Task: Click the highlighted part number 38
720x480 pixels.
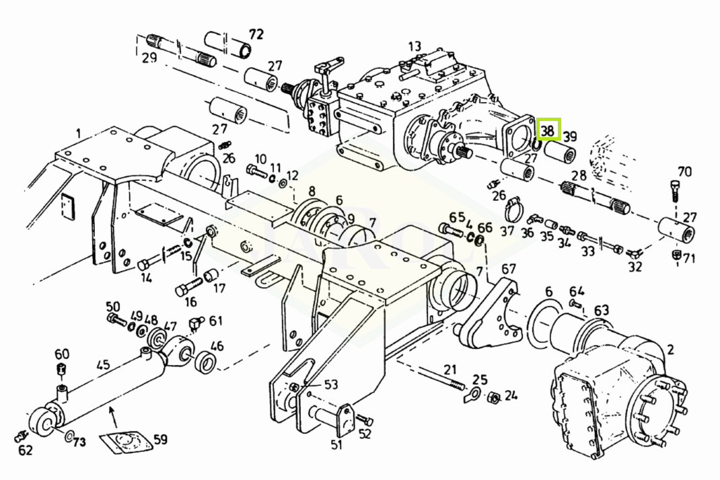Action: (x=547, y=131)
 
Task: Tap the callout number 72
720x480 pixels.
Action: (x=256, y=34)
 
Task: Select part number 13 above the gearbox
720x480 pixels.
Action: (x=415, y=46)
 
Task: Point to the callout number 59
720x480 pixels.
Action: (x=160, y=439)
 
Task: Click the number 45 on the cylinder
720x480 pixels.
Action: (x=104, y=365)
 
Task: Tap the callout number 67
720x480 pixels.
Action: (x=508, y=269)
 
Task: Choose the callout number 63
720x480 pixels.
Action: (x=602, y=311)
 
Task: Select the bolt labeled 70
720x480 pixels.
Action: (x=674, y=191)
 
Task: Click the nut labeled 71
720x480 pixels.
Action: (x=676, y=255)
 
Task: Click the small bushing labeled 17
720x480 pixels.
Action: (x=211, y=275)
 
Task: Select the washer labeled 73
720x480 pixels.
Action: (x=69, y=435)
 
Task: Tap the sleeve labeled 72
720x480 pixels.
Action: (x=227, y=44)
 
